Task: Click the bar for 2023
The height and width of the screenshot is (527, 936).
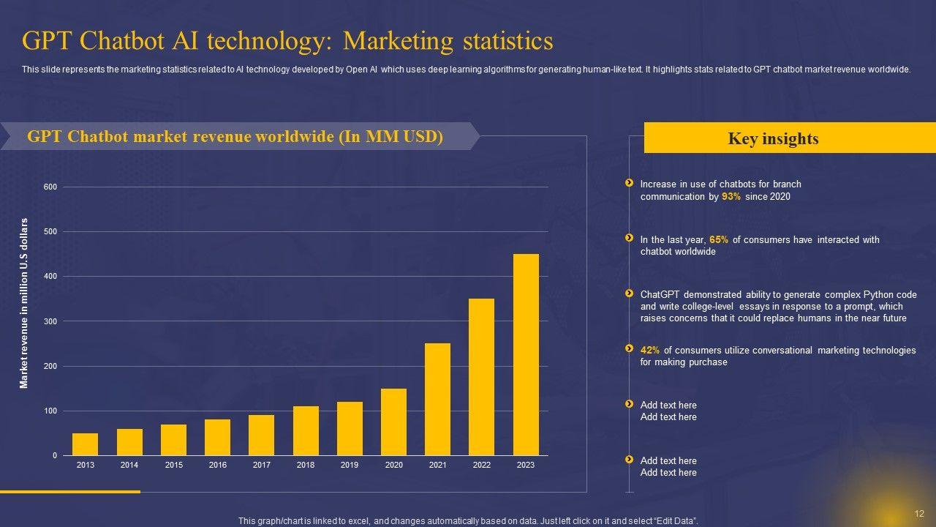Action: click(526, 355)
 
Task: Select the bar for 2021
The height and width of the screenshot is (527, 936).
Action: click(437, 400)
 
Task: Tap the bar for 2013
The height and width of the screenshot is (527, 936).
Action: click(85, 444)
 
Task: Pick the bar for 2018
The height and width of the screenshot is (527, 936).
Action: click(306, 431)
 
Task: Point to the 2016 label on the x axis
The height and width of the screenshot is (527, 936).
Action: click(217, 466)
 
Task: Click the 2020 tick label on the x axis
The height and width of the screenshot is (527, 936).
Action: click(393, 466)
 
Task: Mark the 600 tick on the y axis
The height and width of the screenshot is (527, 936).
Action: click(50, 187)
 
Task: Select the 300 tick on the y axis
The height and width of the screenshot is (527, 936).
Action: click(50, 321)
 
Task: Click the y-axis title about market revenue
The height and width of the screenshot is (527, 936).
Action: click(24, 304)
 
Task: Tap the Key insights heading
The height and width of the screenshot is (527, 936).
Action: click(773, 139)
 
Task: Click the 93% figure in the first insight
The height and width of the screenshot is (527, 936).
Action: click(731, 197)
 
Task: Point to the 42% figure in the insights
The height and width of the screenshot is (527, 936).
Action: click(650, 351)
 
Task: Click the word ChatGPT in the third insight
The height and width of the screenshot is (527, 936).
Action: click(660, 295)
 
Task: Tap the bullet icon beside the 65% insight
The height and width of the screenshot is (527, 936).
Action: click(629, 238)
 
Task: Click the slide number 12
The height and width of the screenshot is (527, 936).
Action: click(919, 513)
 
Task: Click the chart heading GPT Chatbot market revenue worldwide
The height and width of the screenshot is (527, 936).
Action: click(235, 138)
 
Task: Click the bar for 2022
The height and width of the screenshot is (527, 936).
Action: click(481, 377)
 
